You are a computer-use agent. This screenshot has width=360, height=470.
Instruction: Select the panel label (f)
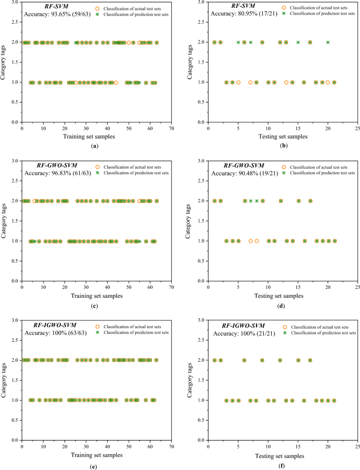click(x=283, y=464)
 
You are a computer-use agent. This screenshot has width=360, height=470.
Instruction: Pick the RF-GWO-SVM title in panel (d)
click(x=232, y=166)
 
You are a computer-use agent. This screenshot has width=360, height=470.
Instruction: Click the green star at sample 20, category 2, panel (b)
click(x=328, y=42)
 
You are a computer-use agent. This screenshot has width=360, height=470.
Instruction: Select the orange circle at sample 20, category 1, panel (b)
click(x=328, y=82)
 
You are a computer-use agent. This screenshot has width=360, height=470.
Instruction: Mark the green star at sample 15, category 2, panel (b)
click(x=298, y=42)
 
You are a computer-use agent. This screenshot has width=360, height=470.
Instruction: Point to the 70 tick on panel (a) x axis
click(x=172, y=128)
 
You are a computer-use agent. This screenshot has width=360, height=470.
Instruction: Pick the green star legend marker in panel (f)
click(x=285, y=333)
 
